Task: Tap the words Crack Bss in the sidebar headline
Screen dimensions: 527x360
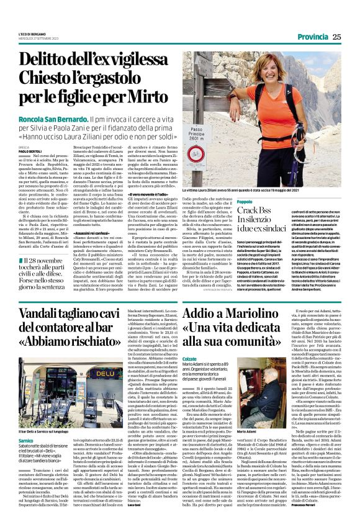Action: [256, 212]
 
